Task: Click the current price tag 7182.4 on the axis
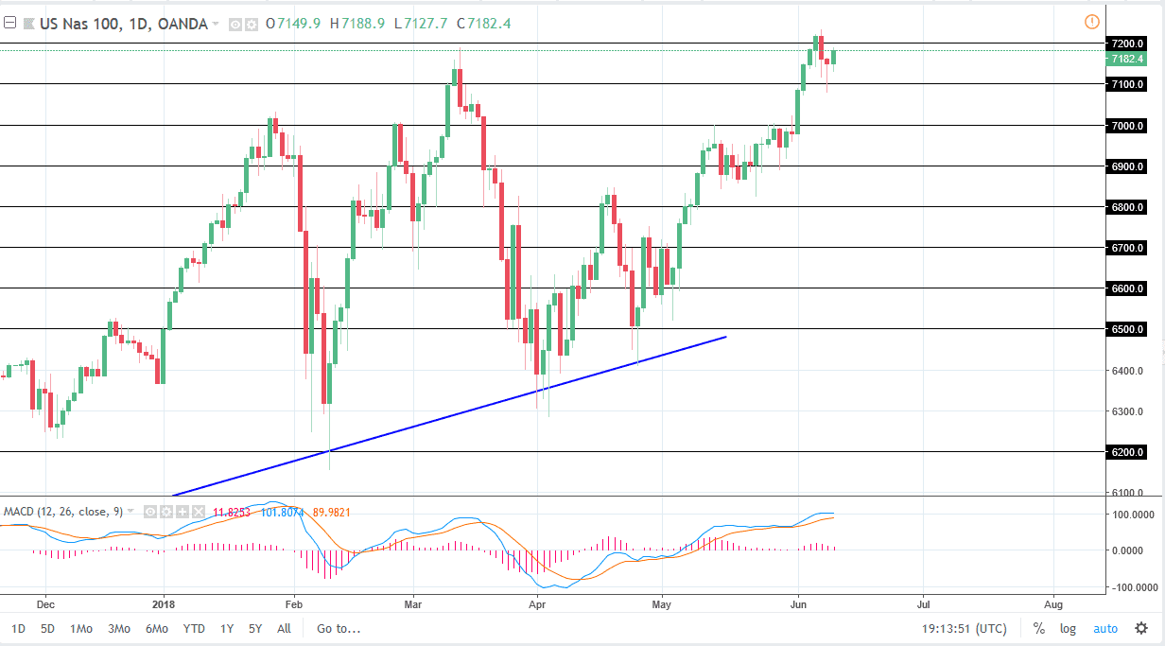pyautogui.click(x=1128, y=59)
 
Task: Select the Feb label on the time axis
pyautogui.click(x=293, y=601)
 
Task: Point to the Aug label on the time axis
pyautogui.click(x=1052, y=601)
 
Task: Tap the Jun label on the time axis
pyautogui.click(x=798, y=601)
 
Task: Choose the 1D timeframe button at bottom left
pyautogui.click(x=19, y=628)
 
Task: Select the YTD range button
pyautogui.click(x=194, y=628)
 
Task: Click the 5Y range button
pyautogui.click(x=255, y=628)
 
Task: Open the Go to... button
pyautogui.click(x=339, y=628)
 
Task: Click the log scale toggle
pyautogui.click(x=1068, y=628)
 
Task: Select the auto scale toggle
pyautogui.click(x=1104, y=628)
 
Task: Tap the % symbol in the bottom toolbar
pyautogui.click(x=1038, y=628)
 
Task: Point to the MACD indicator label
pyautogui.click(x=19, y=512)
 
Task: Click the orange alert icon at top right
pyautogui.click(x=1091, y=22)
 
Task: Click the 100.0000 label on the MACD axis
pyautogui.click(x=1132, y=515)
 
